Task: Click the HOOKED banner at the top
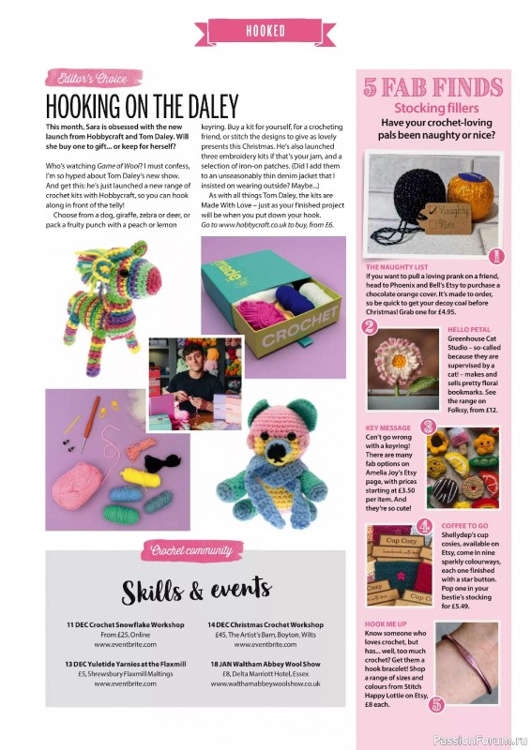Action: click(x=265, y=31)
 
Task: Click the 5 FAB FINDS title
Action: click(x=432, y=91)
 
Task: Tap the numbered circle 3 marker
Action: click(x=428, y=427)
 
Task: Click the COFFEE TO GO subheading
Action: click(x=473, y=527)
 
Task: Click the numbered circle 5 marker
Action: click(x=435, y=705)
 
